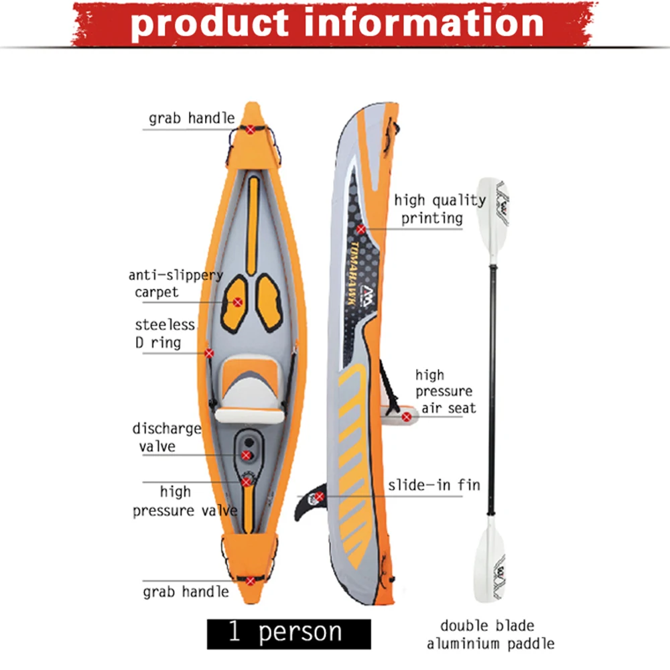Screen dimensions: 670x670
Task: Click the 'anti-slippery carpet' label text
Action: point(175,283)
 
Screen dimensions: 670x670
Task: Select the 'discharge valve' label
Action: point(165,437)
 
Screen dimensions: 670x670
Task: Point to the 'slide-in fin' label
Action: point(433,485)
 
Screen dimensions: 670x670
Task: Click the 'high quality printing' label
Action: point(440,208)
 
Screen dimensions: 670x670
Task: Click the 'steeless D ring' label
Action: point(165,334)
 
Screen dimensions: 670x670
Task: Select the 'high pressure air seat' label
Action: point(445,391)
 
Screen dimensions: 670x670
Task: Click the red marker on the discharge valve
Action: point(246,456)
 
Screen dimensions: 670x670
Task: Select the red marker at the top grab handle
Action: point(251,128)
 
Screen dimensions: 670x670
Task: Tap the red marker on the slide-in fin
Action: point(320,496)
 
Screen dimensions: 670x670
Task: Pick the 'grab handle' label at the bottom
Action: point(186,592)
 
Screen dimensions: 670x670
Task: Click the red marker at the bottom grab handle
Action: point(251,581)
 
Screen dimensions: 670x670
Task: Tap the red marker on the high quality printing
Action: point(361,229)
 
